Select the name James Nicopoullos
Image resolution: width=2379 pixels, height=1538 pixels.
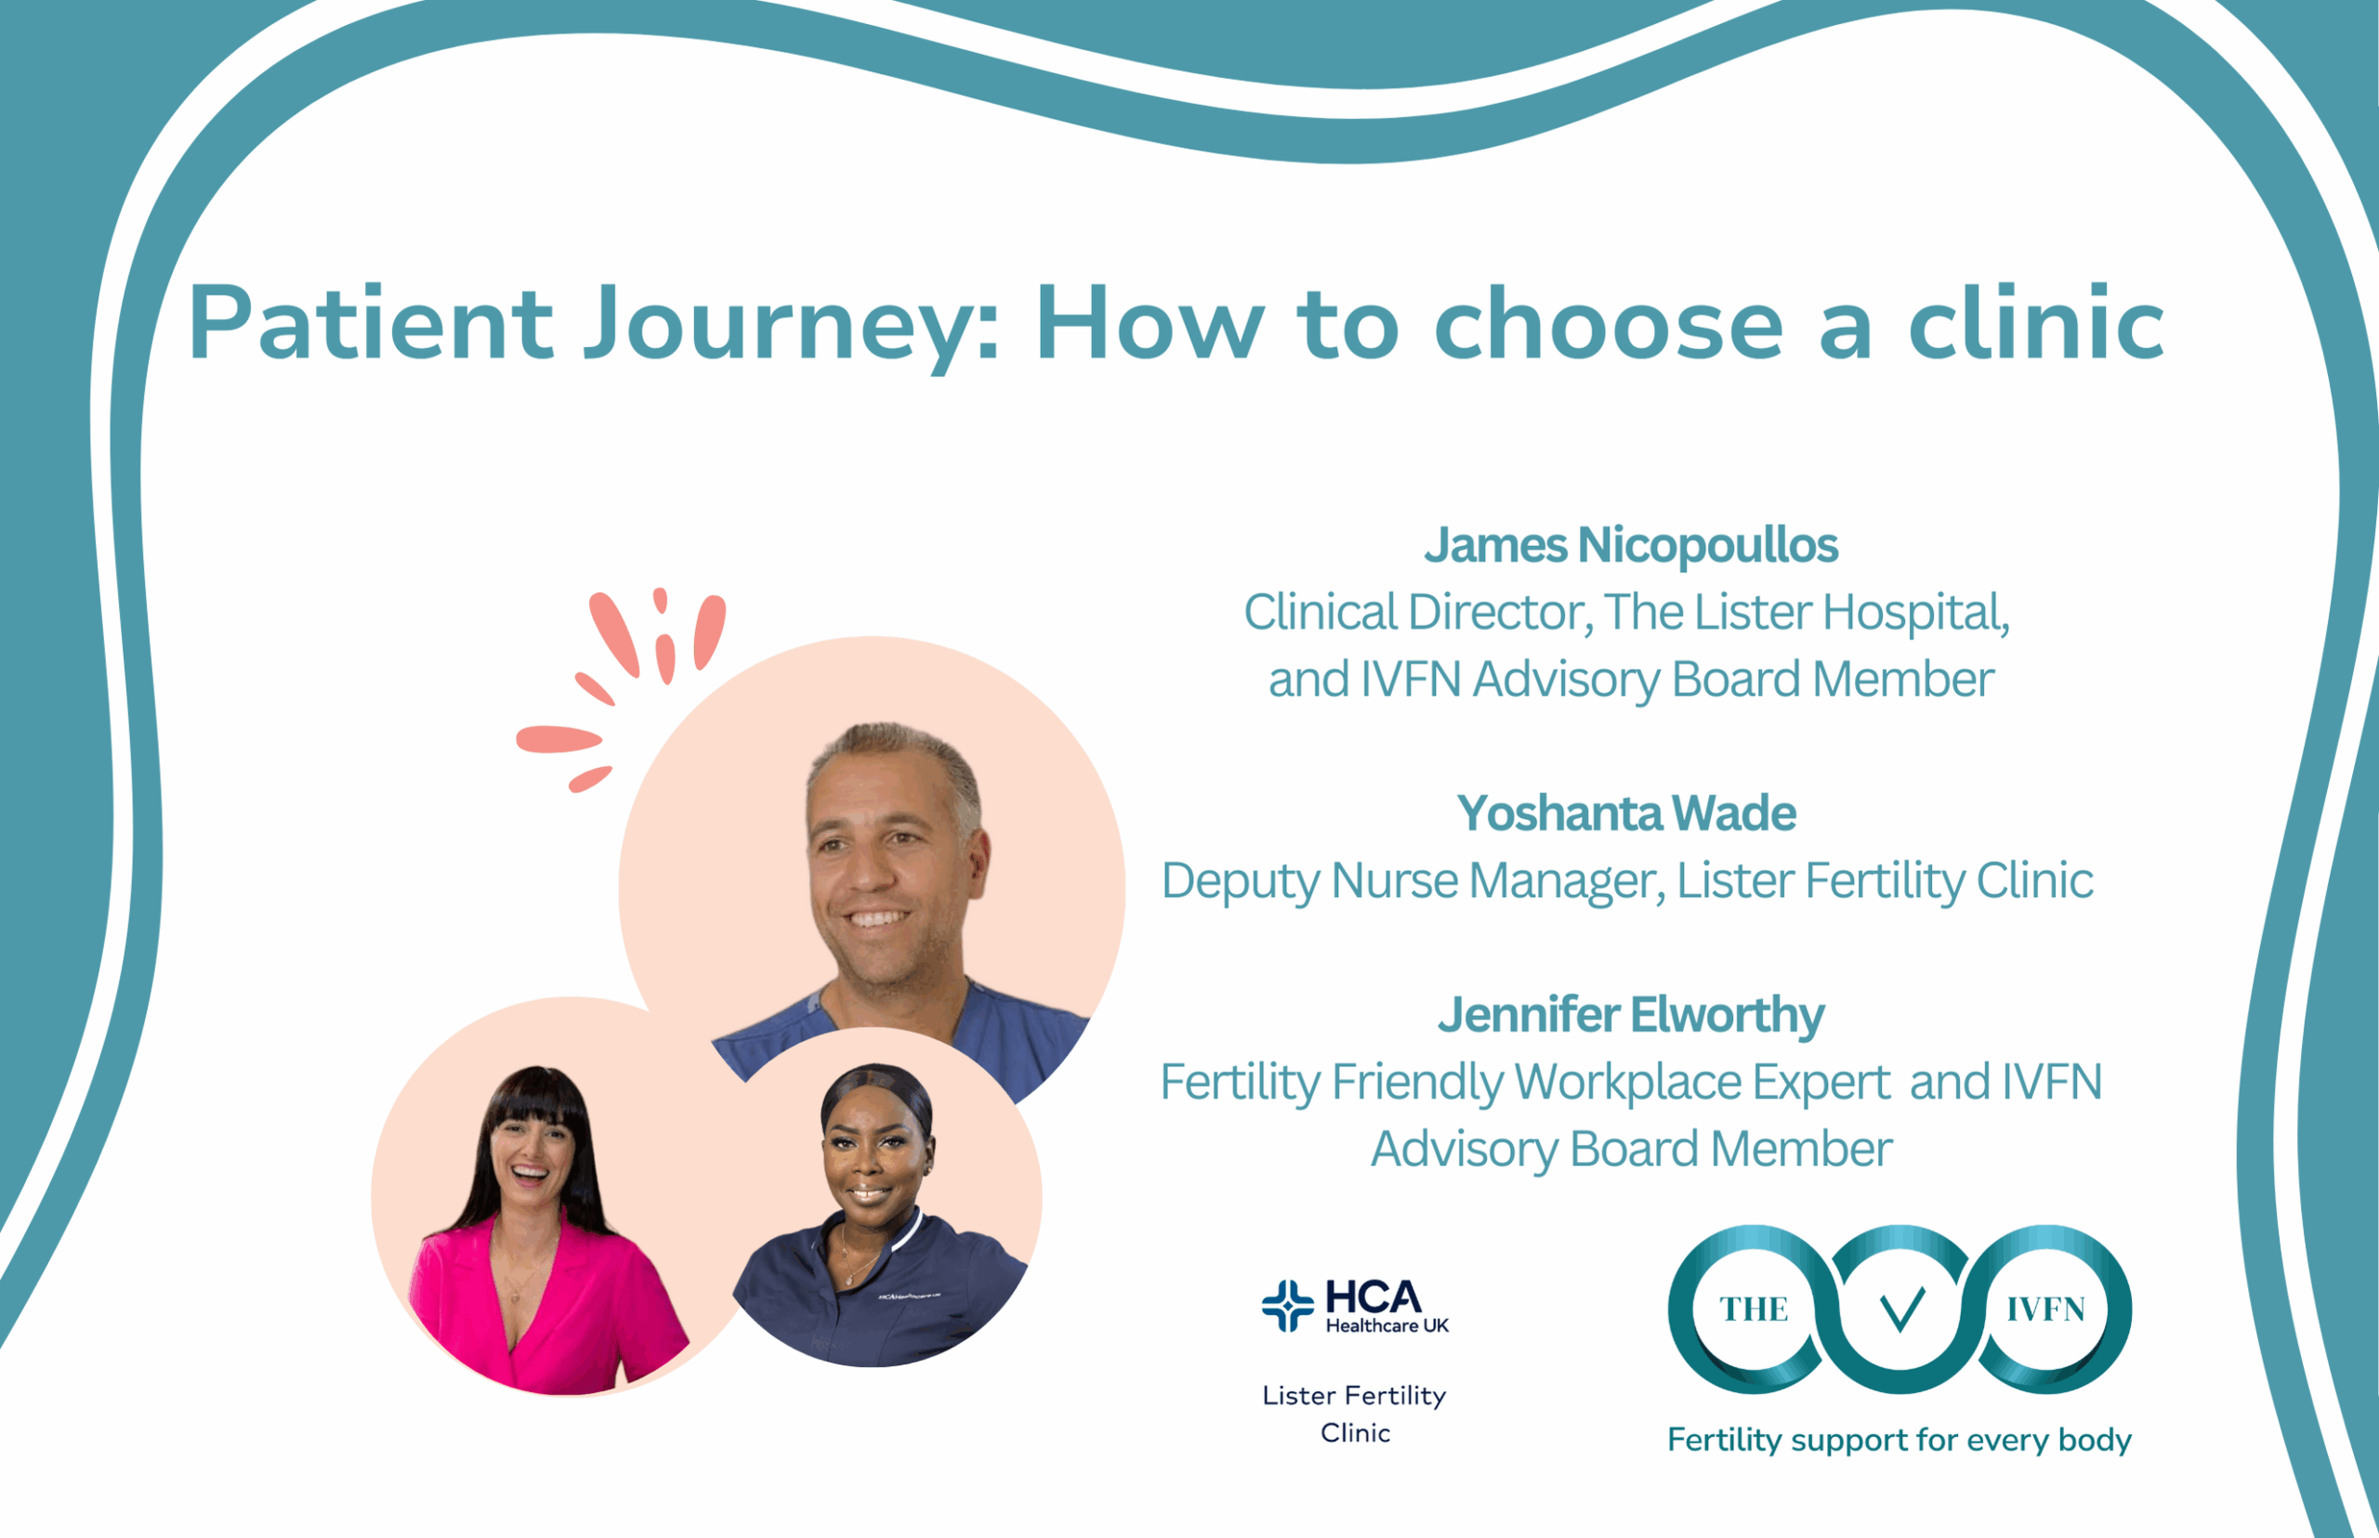1631,545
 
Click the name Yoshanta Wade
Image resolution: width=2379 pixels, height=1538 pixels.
1625,813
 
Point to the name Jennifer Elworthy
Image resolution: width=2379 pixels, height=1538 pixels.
1631,1016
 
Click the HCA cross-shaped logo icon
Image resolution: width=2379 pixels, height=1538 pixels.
1288,1305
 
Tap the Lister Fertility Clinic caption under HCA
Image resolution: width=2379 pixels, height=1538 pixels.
1354,1414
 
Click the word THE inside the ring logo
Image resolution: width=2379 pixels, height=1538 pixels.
1754,1309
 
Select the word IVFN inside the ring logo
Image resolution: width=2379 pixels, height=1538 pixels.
2045,1309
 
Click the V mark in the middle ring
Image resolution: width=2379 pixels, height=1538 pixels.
1900,1310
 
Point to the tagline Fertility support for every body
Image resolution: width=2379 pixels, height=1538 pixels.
1899,1440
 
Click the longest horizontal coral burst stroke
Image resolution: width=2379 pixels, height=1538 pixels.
559,739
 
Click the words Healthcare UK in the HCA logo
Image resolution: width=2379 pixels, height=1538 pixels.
1387,1325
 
